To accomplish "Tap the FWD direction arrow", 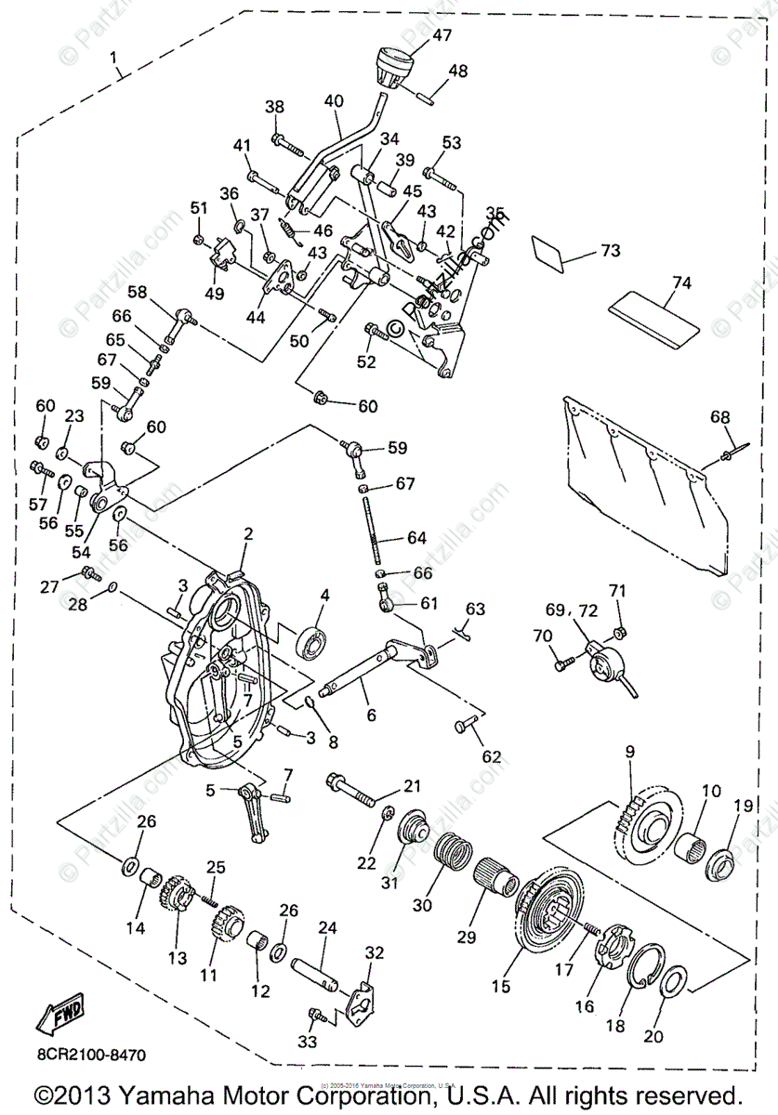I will click(60, 1016).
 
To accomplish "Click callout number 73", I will click(610, 251).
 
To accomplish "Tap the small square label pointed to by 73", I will click(548, 252).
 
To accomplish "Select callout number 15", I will click(501, 987).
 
